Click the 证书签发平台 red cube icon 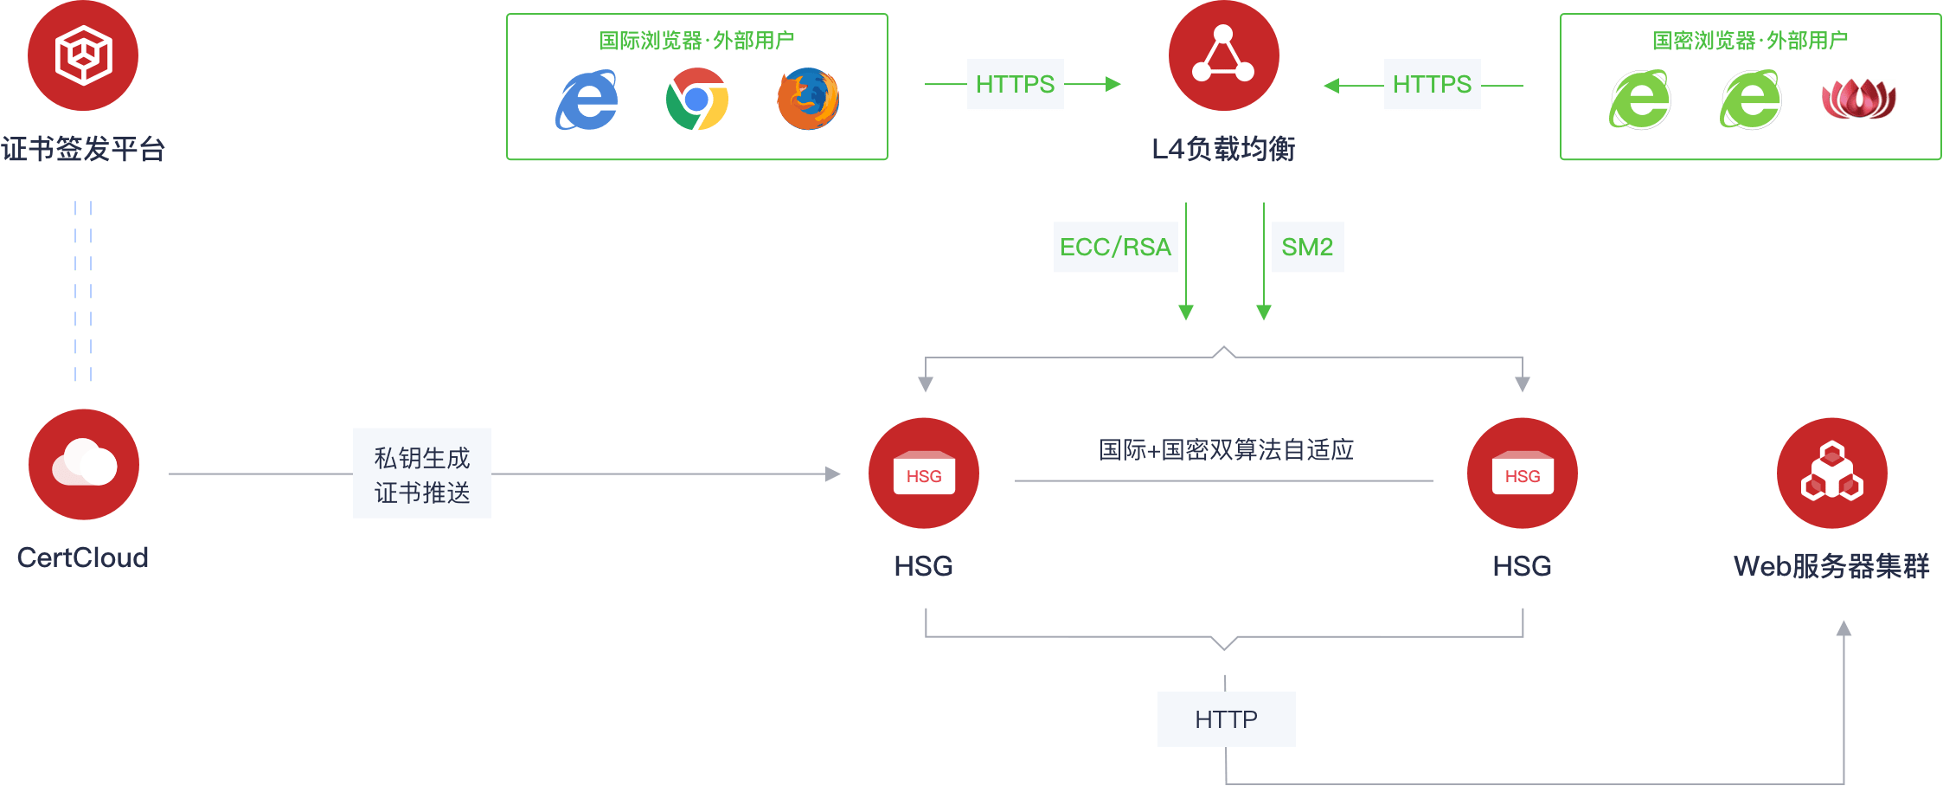tap(83, 55)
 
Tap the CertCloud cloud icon tap(84, 465)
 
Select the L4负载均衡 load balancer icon tap(1223, 55)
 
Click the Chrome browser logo tap(697, 100)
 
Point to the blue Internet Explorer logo tap(587, 100)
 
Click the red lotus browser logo tap(1859, 99)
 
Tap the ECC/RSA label tap(1115, 247)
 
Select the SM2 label tap(1307, 247)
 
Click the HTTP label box tap(1226, 719)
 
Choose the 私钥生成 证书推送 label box tap(422, 474)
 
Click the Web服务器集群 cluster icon tap(1832, 474)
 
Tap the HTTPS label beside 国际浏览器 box tap(1016, 84)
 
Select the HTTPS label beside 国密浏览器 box tap(1433, 84)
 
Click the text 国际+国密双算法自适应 tap(1226, 449)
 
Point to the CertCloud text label tap(83, 557)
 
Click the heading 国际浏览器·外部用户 tap(696, 41)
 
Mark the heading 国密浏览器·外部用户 tap(1750, 41)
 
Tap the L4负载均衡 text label tap(1223, 149)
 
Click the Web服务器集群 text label tap(1831, 566)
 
